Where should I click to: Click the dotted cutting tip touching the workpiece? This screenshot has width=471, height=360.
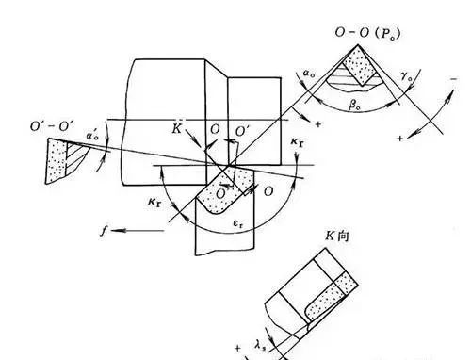(x=220, y=191)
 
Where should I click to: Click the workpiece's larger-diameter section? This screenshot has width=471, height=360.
(x=170, y=113)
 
